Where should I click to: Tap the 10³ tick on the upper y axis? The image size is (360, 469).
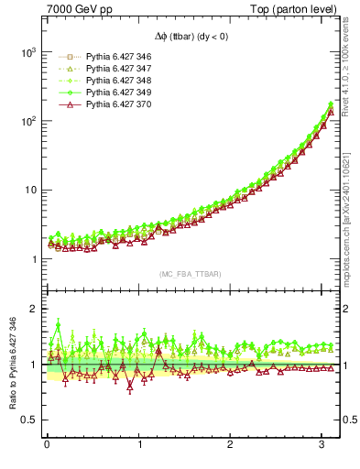tap(27, 53)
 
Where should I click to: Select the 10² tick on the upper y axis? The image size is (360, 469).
tap(27, 122)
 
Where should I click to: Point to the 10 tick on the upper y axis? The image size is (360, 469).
tap(30, 191)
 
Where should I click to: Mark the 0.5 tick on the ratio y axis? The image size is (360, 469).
tap(31, 420)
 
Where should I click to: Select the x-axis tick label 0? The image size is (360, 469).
tap(47, 446)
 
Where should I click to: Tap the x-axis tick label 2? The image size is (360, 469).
tap(230, 446)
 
